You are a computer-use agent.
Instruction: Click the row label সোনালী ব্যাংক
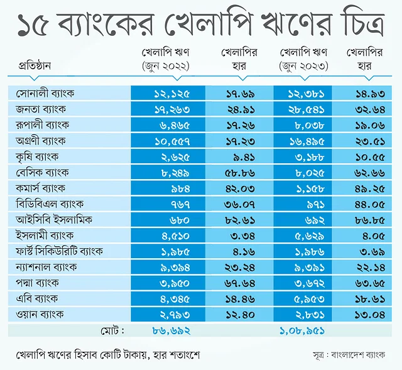click(x=45, y=93)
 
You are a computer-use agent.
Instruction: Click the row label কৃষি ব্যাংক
click(x=39, y=155)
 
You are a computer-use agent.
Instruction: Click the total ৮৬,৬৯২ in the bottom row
click(x=171, y=329)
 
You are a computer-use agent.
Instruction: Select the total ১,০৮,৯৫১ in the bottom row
click(x=302, y=329)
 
